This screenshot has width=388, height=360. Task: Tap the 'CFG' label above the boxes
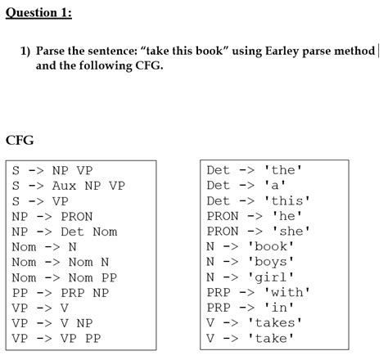(20, 140)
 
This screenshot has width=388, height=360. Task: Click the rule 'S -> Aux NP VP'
(68, 186)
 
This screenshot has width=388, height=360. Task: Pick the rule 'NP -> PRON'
(52, 217)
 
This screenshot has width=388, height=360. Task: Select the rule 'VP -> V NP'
(52, 322)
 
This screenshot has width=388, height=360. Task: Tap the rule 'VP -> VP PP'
(56, 337)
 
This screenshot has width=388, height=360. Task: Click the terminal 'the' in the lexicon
(283, 171)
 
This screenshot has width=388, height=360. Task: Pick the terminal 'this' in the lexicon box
(286, 201)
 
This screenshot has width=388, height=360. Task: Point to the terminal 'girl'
(271, 277)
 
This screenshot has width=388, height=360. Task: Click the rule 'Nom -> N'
(44, 247)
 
